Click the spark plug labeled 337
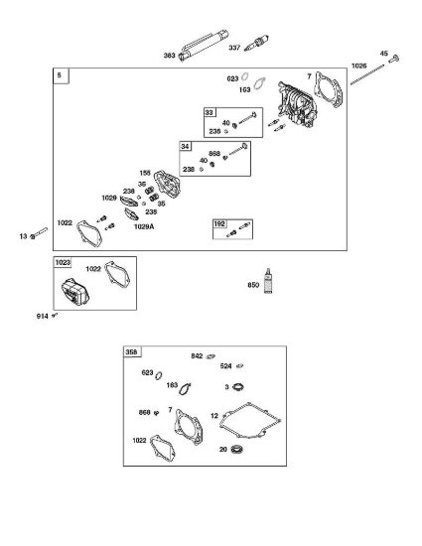pos(256,43)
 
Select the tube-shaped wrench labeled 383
pos(204,46)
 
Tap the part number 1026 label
pos(358,66)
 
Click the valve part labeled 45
pos(393,60)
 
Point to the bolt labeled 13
pos(39,233)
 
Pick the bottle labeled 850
pos(268,281)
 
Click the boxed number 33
pos(209,112)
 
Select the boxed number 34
pos(185,146)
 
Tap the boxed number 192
pos(219,224)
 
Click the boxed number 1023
pos(63,262)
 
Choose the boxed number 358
pos(131,352)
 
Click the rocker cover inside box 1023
pos(74,292)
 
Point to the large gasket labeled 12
pos(250,420)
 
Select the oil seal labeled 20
pos(236,449)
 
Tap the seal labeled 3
pos(238,386)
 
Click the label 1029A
pos(144,226)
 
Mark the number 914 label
pos(42,316)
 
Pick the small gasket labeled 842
pos(211,356)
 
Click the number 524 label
pos(226,366)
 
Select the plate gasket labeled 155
pos(167,184)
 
